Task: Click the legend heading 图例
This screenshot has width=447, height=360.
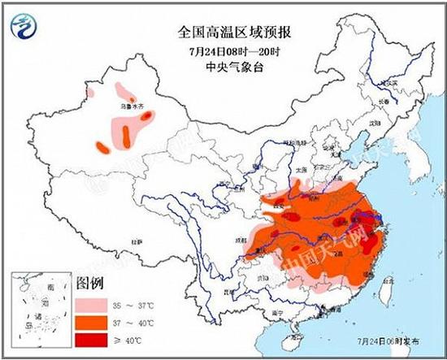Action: pos(89,284)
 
